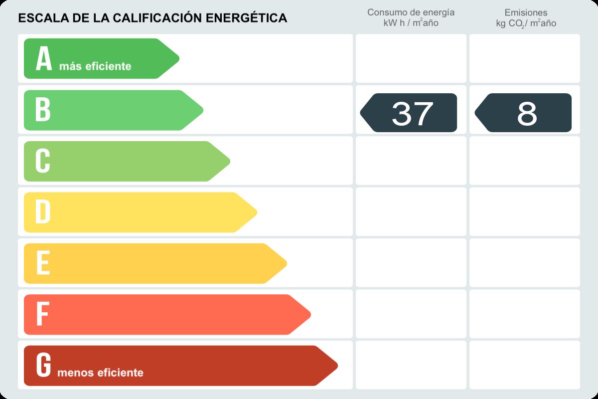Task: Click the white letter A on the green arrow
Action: tap(44, 59)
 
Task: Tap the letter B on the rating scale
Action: tap(43, 110)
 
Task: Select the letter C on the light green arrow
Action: tap(43, 161)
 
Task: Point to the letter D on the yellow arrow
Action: tap(43, 212)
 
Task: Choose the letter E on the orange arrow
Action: tap(43, 263)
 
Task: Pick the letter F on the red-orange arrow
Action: tap(42, 314)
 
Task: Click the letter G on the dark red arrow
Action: tap(43, 365)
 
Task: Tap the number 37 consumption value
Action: tap(412, 113)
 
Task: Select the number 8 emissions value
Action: tap(527, 113)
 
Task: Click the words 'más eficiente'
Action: tap(95, 66)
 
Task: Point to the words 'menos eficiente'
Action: tap(100, 373)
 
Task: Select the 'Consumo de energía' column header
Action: tap(411, 12)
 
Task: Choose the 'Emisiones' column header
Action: tap(526, 12)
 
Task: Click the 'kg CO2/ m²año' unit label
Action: tap(526, 23)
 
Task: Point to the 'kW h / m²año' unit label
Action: tap(411, 23)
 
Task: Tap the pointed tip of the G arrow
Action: tap(337, 366)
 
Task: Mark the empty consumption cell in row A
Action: tap(411, 58)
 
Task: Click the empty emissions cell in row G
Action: tap(525, 365)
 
